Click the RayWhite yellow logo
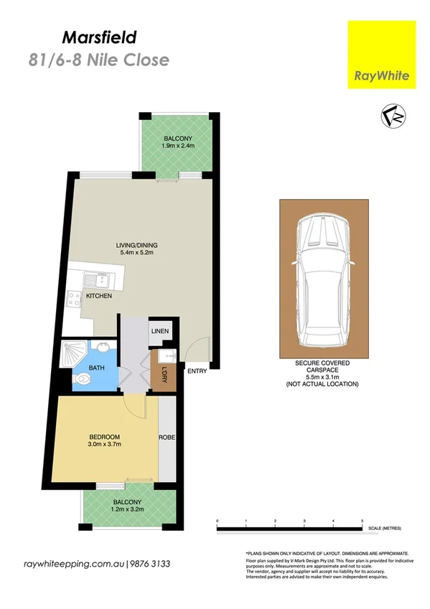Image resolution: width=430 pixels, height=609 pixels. (x=381, y=55)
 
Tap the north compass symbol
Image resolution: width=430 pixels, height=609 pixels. (x=393, y=116)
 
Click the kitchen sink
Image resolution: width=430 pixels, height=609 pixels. (x=94, y=280)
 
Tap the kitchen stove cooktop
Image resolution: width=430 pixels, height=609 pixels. (x=74, y=301)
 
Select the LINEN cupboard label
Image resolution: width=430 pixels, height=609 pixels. (x=159, y=331)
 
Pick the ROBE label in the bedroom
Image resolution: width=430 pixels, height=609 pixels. (x=167, y=437)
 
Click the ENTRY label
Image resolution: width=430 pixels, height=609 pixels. (x=196, y=371)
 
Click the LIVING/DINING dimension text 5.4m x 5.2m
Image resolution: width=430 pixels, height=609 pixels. (x=136, y=253)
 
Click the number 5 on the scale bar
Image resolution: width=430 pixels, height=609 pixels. (x=363, y=519)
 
